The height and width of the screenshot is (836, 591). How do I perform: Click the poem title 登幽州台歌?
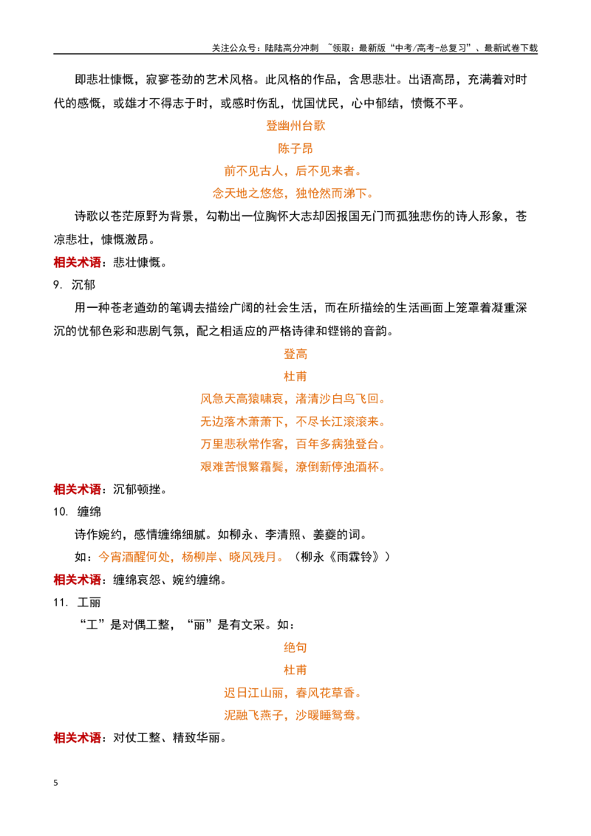[295, 126]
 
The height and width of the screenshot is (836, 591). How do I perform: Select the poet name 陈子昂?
[295, 148]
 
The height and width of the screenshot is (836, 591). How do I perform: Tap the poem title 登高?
[295, 354]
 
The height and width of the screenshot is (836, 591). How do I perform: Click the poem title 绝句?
[295, 647]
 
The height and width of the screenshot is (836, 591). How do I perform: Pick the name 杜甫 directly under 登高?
[295, 377]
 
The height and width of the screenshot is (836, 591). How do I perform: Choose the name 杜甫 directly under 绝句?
[295, 670]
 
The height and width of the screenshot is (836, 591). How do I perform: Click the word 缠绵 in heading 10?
[89, 512]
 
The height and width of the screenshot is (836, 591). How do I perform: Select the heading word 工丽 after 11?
[89, 603]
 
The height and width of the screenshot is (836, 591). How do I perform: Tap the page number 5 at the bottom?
[55, 783]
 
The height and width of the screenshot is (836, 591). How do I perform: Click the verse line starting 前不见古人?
[293, 171]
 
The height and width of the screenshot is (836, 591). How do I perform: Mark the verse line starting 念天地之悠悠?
[293, 193]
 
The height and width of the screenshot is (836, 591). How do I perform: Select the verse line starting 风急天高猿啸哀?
[293, 399]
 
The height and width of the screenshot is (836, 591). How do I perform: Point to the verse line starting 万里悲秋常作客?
[293, 444]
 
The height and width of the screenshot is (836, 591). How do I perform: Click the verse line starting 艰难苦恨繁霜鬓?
[293, 467]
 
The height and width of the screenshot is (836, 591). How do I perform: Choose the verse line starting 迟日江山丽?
[293, 693]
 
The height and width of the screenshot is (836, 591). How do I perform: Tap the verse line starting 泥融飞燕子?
[293, 716]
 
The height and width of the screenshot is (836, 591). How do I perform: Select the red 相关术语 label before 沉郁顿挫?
[78, 490]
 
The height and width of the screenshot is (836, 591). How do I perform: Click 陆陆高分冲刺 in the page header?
[292, 48]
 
